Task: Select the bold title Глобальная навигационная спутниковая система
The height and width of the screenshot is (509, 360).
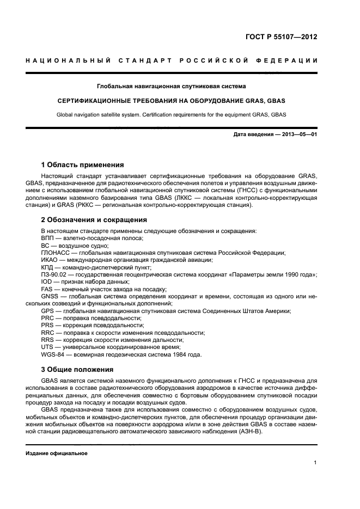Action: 171,86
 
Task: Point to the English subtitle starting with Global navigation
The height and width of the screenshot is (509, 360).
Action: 171,114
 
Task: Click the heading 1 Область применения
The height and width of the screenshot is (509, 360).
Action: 83,164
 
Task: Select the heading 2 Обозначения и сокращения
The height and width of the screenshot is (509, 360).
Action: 94,220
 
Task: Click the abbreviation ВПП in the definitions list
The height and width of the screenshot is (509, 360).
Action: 48,238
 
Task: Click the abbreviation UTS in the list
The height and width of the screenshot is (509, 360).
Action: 47,347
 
